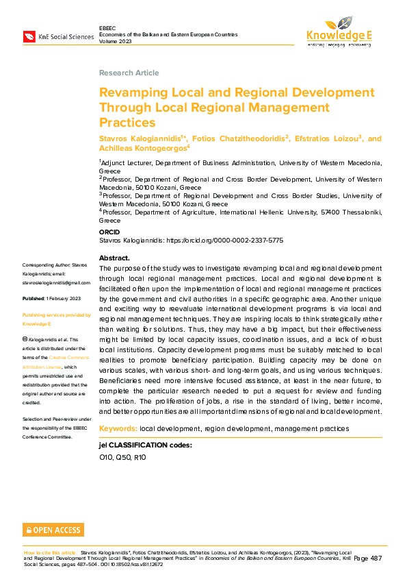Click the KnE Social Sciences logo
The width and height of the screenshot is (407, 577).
(x=58, y=36)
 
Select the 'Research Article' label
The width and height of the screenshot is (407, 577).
(x=129, y=73)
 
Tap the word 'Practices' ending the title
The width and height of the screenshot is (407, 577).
(x=127, y=123)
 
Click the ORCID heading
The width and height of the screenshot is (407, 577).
(x=109, y=232)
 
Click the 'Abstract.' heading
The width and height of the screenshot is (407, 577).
(x=114, y=258)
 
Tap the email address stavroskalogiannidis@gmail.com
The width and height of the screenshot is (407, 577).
(x=56, y=282)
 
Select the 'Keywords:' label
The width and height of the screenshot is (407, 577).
(x=118, y=428)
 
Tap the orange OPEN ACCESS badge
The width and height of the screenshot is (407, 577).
(x=53, y=530)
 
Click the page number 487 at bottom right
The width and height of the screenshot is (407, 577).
(x=376, y=558)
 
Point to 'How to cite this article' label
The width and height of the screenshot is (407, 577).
(x=50, y=552)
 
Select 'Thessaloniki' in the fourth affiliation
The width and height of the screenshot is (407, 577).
(x=357, y=212)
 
